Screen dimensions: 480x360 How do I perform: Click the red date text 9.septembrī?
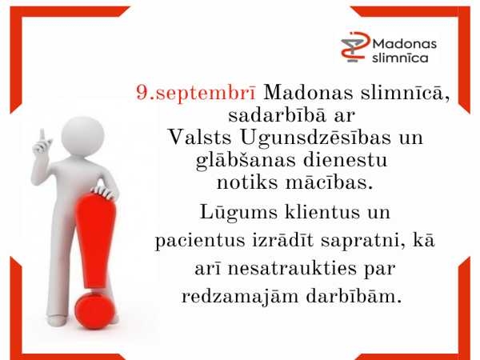(x=196, y=93)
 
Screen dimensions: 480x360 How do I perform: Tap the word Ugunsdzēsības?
(x=316, y=138)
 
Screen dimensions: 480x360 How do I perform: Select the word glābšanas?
(x=246, y=161)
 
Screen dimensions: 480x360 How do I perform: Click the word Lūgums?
(x=238, y=213)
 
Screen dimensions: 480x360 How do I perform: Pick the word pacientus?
(x=200, y=241)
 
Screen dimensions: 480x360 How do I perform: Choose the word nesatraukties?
(x=292, y=269)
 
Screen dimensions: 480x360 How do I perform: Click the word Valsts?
(x=199, y=138)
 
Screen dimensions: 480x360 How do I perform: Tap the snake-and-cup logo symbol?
(x=355, y=47)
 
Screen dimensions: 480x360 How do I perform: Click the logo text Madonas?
(x=404, y=44)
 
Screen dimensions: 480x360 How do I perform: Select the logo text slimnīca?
(x=400, y=58)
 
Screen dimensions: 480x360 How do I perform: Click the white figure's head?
(x=82, y=136)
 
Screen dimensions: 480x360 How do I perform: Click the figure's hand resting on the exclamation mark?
(x=104, y=192)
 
